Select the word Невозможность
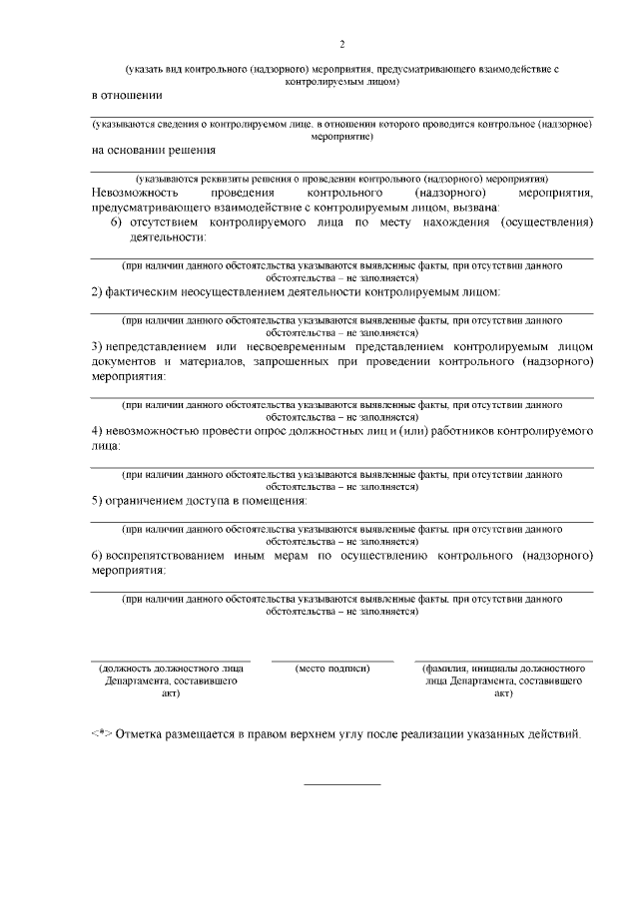coord(134,191)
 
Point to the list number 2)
coord(97,291)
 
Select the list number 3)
coord(97,344)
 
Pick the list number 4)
coord(97,431)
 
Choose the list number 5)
coord(97,501)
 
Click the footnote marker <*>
coord(101,734)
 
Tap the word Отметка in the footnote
coord(141,734)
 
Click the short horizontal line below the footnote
coord(341,783)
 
